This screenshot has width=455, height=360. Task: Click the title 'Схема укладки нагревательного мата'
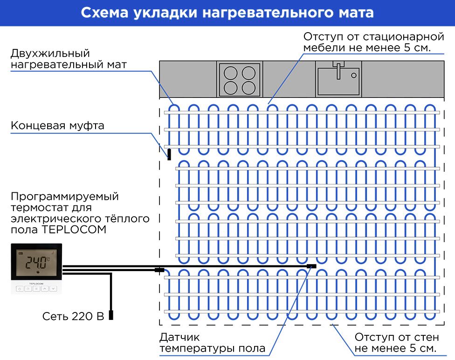point(227,13)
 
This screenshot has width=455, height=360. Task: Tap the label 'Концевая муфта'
point(57,125)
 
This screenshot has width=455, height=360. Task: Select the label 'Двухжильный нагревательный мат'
point(69,59)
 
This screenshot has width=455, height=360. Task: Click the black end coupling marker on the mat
point(169,155)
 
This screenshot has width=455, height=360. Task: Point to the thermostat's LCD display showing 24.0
point(36,262)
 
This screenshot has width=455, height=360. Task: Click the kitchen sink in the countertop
point(338,79)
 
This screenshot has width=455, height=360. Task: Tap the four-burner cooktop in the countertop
point(240,80)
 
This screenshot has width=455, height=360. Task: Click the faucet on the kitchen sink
point(338,70)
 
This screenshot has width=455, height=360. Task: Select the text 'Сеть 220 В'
point(73,316)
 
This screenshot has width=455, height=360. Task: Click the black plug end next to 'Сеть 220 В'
point(111,315)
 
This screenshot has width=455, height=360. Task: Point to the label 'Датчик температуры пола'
point(212,343)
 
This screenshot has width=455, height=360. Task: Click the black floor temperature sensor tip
point(312,266)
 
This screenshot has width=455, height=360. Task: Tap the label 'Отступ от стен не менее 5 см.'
point(396,343)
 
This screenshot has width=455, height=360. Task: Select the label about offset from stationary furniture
point(374,42)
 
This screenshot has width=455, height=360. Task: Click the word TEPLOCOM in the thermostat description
point(74,230)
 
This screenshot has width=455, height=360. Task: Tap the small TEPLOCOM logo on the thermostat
point(36,283)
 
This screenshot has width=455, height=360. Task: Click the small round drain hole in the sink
point(354,75)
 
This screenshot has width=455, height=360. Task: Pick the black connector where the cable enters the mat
point(159,270)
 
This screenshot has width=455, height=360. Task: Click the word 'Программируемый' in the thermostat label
point(65,197)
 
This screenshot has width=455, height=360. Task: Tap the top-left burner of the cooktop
point(231,73)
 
